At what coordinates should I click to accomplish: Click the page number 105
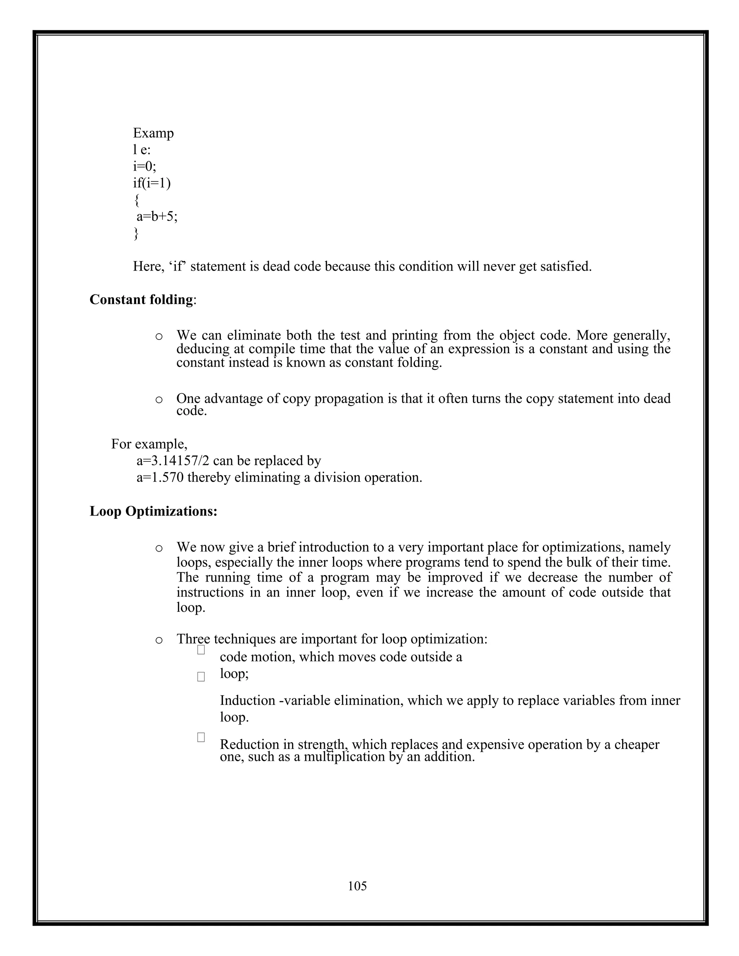pyautogui.click(x=357, y=886)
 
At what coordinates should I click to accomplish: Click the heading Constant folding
pyautogui.click(x=141, y=299)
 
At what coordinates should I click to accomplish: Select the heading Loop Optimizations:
pyautogui.click(x=153, y=511)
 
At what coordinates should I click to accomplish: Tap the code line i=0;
pyautogui.click(x=144, y=166)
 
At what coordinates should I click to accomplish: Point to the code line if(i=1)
pyautogui.click(x=152, y=183)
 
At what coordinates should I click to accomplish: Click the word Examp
pyautogui.click(x=153, y=133)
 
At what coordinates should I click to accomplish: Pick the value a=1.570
pyautogui.click(x=160, y=477)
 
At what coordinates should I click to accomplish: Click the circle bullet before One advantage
pyautogui.click(x=159, y=399)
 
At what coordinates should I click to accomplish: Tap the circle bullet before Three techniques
pyautogui.click(x=159, y=640)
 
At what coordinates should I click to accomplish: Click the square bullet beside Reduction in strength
pyautogui.click(x=201, y=737)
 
